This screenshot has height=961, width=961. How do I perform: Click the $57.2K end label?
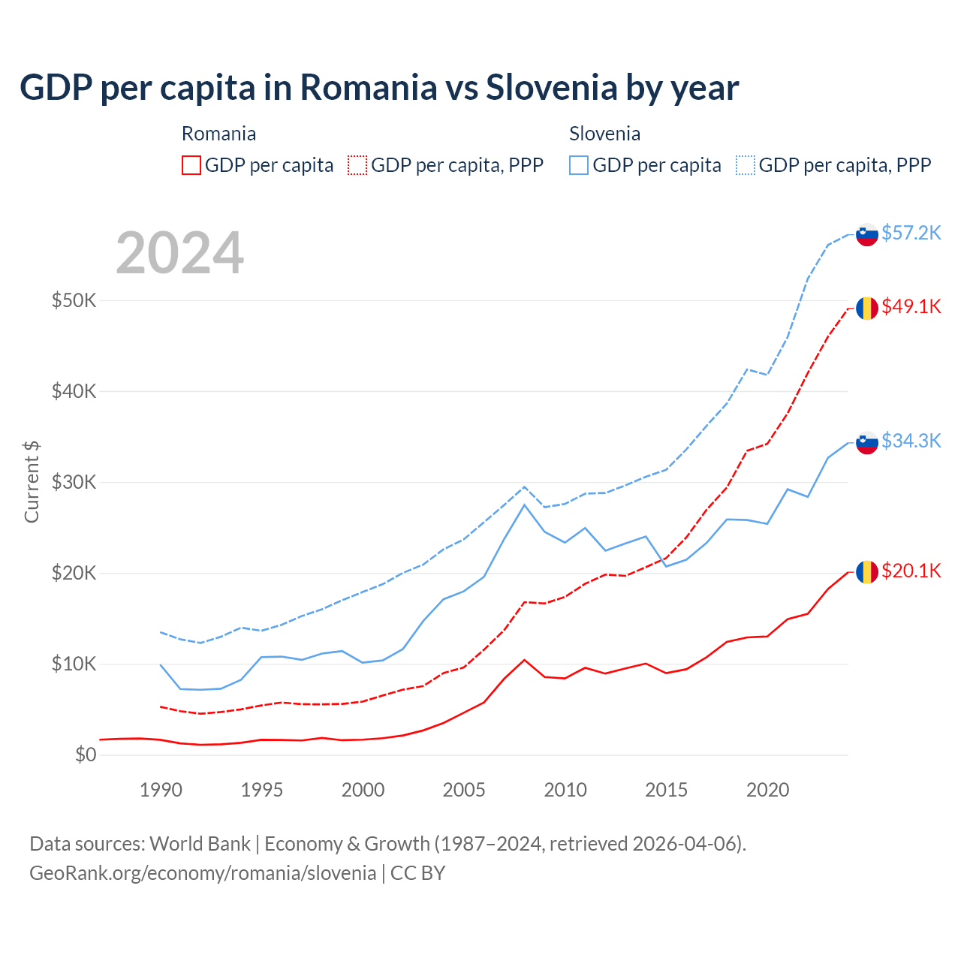(x=911, y=233)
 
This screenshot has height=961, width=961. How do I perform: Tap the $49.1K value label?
(x=911, y=306)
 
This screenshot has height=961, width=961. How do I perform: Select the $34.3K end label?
(x=911, y=441)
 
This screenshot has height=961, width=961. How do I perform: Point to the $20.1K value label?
(x=911, y=571)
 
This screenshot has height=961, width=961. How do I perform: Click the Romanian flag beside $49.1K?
(x=867, y=308)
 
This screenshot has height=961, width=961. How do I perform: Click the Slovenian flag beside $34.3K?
(x=867, y=443)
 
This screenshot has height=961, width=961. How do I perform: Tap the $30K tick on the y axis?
(x=74, y=482)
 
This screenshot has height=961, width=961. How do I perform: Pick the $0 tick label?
(x=86, y=755)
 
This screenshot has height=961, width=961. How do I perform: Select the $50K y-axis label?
(x=74, y=300)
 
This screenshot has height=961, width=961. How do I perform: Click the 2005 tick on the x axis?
(x=464, y=790)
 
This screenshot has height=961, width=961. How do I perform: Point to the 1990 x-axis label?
(x=161, y=790)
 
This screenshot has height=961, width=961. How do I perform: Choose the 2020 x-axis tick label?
(x=767, y=790)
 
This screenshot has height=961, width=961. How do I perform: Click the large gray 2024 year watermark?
(x=180, y=253)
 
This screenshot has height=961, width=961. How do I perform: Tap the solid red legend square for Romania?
(x=191, y=165)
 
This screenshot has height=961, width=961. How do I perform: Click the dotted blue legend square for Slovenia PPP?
(x=746, y=165)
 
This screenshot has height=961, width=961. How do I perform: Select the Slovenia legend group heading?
(x=604, y=134)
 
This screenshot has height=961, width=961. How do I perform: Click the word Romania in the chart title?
(x=369, y=87)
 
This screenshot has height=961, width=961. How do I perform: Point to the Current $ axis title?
(x=32, y=482)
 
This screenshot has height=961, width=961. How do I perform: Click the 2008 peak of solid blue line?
(x=524, y=505)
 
